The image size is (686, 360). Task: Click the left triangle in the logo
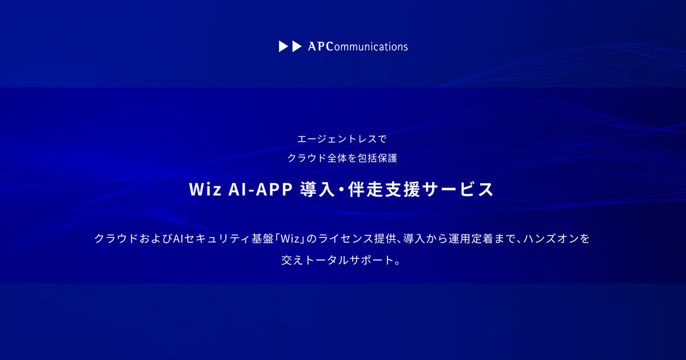coord(284,46)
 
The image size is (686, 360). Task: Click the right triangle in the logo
coord(297,46)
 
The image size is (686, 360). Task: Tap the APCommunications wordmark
coord(358,46)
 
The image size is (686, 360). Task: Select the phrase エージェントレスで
coord(342,139)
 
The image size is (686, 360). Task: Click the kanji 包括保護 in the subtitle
coord(377,158)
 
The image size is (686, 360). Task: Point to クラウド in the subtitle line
coord(306,158)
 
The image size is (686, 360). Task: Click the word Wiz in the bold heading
coord(205,190)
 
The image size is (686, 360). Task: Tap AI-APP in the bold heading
coord(261,190)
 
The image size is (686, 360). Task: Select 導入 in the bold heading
coord(317,190)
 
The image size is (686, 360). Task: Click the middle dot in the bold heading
coord(341,190)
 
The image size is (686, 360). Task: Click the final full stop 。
coord(398,263)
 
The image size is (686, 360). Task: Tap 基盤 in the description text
coord(262,239)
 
